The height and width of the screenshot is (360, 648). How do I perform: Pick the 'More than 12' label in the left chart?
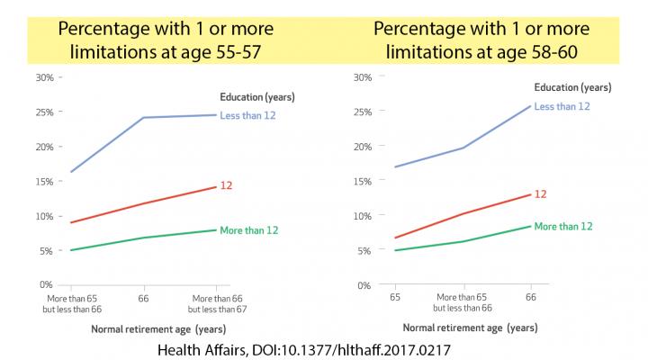coord(248,230)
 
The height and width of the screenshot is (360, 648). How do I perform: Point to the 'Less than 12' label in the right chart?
coord(562,106)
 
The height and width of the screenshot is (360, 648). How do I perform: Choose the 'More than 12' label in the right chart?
coord(564,226)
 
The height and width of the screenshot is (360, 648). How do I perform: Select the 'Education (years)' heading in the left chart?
coord(256,95)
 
